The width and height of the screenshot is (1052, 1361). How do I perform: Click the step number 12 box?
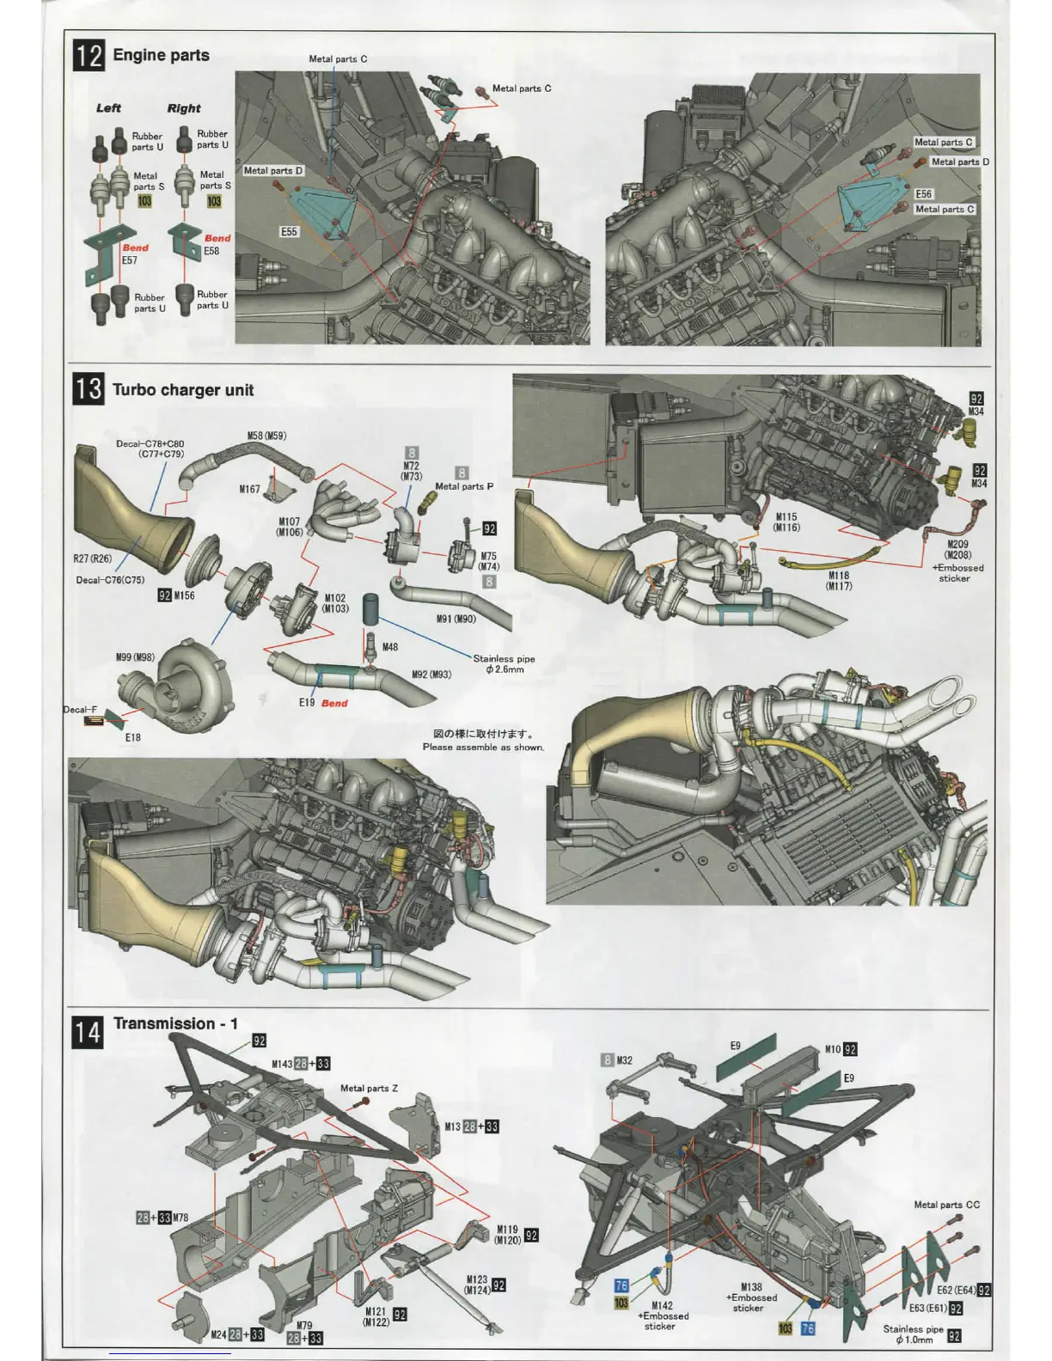pyautogui.click(x=89, y=56)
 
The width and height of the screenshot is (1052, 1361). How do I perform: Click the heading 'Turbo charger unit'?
pyautogui.click(x=183, y=390)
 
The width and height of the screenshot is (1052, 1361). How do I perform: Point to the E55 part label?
pyautogui.click(x=289, y=232)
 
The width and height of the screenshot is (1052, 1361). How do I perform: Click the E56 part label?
pyautogui.click(x=924, y=194)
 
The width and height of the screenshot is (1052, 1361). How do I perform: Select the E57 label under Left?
pyautogui.click(x=129, y=260)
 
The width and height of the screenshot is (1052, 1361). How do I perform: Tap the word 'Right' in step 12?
pyautogui.click(x=184, y=108)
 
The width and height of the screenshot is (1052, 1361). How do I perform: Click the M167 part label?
pyautogui.click(x=249, y=490)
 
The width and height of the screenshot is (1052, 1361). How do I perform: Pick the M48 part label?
pyautogui.click(x=390, y=647)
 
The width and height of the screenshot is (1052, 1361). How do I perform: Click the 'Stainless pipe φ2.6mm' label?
pyautogui.click(x=504, y=664)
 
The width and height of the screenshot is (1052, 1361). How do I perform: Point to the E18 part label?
pyautogui.click(x=133, y=737)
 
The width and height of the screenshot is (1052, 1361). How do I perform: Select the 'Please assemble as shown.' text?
pyautogui.click(x=483, y=748)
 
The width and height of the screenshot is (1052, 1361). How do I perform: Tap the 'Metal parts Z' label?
pyautogui.click(x=370, y=1089)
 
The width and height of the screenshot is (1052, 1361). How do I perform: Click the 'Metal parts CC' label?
pyautogui.click(x=946, y=1205)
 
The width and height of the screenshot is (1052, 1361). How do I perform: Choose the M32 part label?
pyautogui.click(x=625, y=1060)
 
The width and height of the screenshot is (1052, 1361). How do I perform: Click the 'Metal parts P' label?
pyautogui.click(x=464, y=486)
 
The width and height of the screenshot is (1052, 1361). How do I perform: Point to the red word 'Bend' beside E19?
pyautogui.click(x=334, y=703)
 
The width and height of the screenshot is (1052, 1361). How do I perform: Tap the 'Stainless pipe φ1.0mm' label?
pyautogui.click(x=913, y=1334)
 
